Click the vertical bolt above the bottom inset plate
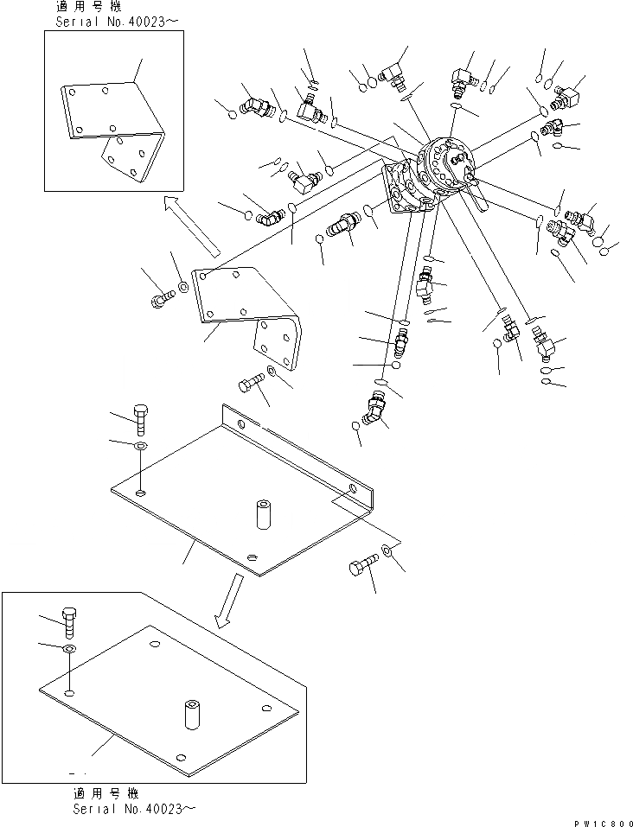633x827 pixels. click(x=71, y=621)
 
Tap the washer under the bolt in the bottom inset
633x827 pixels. click(x=70, y=648)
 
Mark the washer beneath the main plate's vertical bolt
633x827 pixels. click(x=140, y=446)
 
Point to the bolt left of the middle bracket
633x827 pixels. click(x=162, y=298)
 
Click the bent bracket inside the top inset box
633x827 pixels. click(x=113, y=130)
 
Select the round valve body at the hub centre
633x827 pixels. click(x=445, y=164)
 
